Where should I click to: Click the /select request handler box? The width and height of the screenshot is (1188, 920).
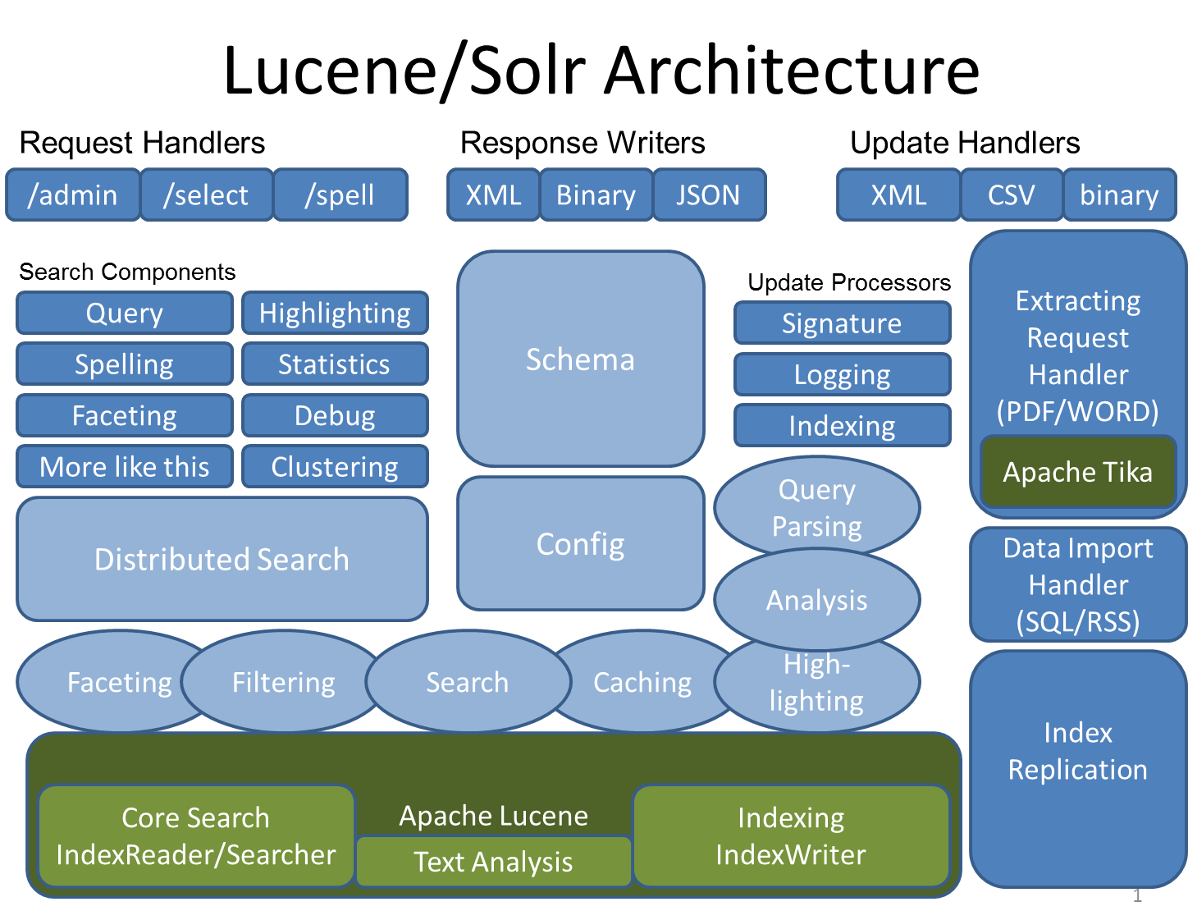206,195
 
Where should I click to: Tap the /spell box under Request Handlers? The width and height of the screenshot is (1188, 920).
340,195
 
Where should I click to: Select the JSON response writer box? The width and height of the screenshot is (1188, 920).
709,195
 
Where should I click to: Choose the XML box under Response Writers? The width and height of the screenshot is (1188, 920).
493,195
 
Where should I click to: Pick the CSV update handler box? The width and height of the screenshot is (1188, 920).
1011,195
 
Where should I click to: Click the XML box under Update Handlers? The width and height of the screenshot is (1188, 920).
898,195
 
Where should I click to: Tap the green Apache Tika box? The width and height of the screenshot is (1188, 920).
1077,473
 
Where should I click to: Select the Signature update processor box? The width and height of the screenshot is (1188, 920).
842,323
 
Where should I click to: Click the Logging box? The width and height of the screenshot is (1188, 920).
842,375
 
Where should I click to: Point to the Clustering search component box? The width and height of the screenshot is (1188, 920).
335,467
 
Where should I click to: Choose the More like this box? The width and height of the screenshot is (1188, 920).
125,467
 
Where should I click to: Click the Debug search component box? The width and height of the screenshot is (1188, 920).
335,416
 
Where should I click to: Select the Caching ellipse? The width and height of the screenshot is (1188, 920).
642,683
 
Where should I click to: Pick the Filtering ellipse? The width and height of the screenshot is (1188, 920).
283,683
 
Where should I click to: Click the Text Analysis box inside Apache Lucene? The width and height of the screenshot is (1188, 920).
493,862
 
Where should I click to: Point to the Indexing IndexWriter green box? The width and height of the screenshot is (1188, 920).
791,836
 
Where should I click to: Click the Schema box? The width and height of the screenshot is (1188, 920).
580,359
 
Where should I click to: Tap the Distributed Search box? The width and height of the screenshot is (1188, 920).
222,560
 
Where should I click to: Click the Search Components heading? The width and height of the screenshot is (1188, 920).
127,272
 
